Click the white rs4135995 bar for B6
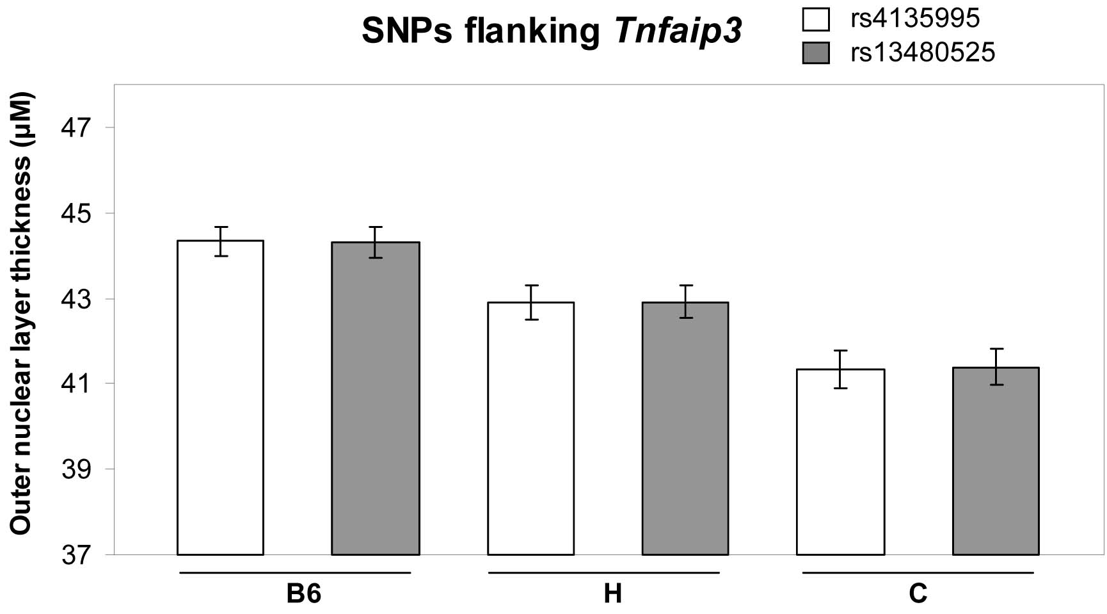220,397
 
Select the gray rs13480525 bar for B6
375,398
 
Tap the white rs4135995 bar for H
530,428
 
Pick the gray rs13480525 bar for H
685,428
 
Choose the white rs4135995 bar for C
840,462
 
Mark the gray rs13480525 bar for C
996,460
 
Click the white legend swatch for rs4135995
815,19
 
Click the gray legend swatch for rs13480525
815,53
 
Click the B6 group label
303,594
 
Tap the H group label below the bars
612,594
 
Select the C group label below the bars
918,594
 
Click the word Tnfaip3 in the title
678,31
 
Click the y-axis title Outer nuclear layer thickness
20,314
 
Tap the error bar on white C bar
840,369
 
